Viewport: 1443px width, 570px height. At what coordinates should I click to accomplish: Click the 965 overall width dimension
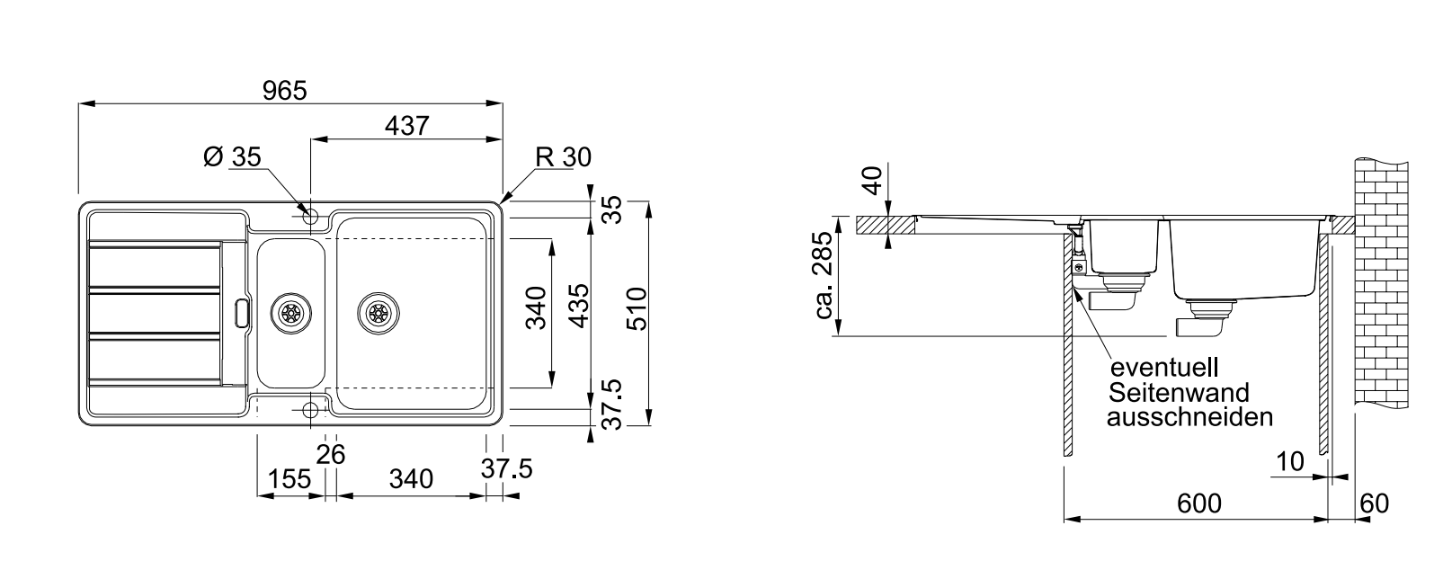pyautogui.click(x=284, y=90)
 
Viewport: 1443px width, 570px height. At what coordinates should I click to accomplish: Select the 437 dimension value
pyautogui.click(x=406, y=127)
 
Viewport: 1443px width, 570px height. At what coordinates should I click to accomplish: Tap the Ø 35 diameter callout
pyautogui.click(x=232, y=157)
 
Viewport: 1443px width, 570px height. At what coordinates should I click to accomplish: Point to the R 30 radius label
pyautogui.click(x=563, y=157)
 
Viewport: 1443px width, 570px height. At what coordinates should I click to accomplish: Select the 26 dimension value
pyautogui.click(x=331, y=456)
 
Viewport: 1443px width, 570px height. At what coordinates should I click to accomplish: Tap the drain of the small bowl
pyautogui.click(x=290, y=312)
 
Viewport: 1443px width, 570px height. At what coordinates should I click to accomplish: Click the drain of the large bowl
pyautogui.click(x=377, y=312)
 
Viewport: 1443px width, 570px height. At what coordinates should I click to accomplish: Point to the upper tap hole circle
pyautogui.click(x=311, y=217)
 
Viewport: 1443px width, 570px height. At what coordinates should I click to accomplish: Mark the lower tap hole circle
pyautogui.click(x=311, y=411)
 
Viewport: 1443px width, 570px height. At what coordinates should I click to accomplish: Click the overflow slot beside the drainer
pyautogui.click(x=239, y=312)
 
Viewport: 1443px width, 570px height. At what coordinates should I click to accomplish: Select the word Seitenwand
pyautogui.click(x=1179, y=393)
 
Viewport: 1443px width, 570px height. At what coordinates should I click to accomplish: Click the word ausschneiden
pyautogui.click(x=1189, y=417)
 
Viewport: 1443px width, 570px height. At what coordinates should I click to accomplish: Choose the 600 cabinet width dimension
pyautogui.click(x=1199, y=504)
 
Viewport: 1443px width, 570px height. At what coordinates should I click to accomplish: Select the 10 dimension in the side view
pyautogui.click(x=1289, y=462)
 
